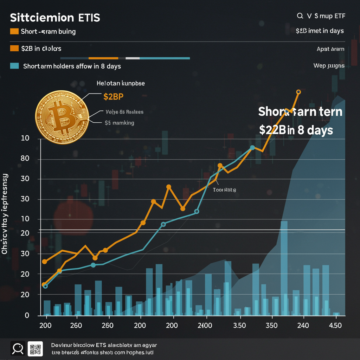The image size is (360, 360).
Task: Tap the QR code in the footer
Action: (x=35, y=349)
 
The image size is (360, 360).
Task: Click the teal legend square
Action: (x=14, y=66)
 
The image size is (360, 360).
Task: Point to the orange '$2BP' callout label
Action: (x=116, y=96)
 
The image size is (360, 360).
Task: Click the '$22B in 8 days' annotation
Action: (x=296, y=130)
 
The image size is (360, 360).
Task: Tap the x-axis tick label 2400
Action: (x=205, y=326)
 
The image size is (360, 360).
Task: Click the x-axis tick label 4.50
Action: (x=335, y=326)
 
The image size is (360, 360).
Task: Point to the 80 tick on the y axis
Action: (x=24, y=159)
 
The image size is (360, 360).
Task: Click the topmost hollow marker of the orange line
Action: (x=298, y=92)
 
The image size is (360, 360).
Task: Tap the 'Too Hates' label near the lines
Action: (x=224, y=190)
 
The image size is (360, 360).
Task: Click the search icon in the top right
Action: (x=300, y=16)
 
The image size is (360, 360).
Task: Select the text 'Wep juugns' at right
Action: (x=329, y=66)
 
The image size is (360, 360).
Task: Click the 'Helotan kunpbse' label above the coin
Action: (x=121, y=84)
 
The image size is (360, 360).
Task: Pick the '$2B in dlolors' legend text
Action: (x=41, y=49)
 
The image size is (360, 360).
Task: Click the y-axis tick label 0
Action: (x=26, y=315)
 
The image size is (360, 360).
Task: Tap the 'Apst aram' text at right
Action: (x=330, y=49)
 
